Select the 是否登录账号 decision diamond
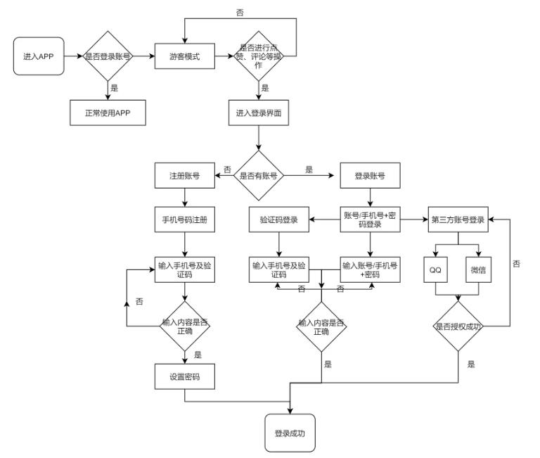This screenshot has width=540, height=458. pos(109,56)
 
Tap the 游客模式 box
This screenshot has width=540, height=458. pos(185,57)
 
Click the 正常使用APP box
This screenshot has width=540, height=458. pos(109,112)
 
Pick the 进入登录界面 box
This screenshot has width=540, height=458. pos(259,113)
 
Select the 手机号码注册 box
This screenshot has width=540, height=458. pos(185,219)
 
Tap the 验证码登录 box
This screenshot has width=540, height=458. pos(280,219)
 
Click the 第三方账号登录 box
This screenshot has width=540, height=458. pos(458,219)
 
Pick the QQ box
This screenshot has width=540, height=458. pos(436,269)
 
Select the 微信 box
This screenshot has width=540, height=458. pos(480,269)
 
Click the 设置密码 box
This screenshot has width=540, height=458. pos(185,376)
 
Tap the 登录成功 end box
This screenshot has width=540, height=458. pos(290,432)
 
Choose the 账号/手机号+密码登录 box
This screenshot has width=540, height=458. pos(371,219)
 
